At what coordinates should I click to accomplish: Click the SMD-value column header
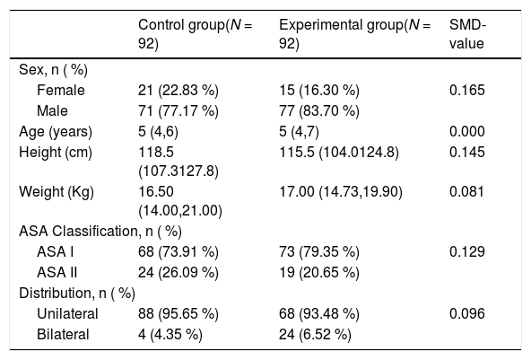[x=467, y=34]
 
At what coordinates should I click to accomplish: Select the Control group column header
[x=195, y=34]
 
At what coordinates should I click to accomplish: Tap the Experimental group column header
[x=354, y=34]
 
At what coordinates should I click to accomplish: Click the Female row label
[x=61, y=90]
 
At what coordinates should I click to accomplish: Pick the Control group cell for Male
[x=178, y=110]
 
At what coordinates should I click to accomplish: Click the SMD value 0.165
[x=467, y=90]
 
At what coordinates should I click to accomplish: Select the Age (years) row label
[x=56, y=132]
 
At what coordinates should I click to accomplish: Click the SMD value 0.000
[x=467, y=132]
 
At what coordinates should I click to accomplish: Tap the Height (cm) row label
[x=56, y=153]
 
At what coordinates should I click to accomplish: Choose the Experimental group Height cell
[x=339, y=153]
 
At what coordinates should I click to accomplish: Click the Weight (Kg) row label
[x=57, y=192]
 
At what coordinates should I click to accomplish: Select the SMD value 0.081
[x=467, y=192]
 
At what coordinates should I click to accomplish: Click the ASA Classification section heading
[x=100, y=232]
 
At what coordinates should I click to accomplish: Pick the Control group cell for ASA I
[x=178, y=252]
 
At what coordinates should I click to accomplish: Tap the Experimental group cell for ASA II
[x=319, y=273]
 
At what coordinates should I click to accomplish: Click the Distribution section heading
[x=77, y=294]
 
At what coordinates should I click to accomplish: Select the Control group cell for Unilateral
[x=178, y=314]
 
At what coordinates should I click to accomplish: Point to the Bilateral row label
[x=63, y=335]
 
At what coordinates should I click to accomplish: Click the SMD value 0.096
[x=467, y=314]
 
